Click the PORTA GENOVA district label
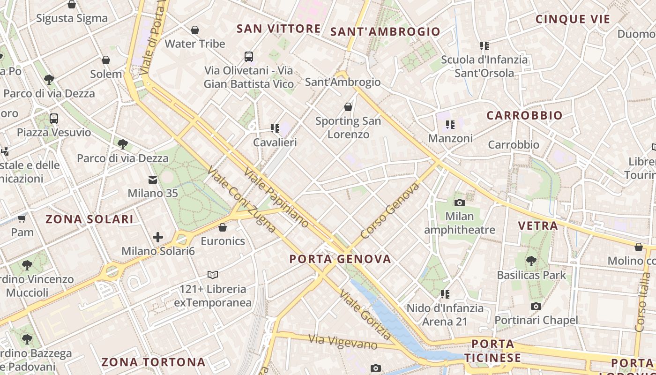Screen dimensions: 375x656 pos(340,259)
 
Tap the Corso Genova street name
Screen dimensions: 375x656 pos(390,211)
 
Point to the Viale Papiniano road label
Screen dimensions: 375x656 pos(276,197)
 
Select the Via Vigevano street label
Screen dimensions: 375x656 pos(343,341)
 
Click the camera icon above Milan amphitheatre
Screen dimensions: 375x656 pos(460,202)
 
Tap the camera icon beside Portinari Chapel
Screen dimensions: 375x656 pos(536,306)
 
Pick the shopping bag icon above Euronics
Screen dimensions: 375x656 pos(223,227)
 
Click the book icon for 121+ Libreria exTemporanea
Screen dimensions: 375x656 pos(213,275)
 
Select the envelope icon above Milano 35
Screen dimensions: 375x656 pos(153,180)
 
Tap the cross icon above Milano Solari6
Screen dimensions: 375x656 pos(158,237)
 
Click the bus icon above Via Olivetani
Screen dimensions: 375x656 pos(249,57)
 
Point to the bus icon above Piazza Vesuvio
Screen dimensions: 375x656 pos(54,118)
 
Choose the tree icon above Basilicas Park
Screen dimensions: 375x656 pos(531,261)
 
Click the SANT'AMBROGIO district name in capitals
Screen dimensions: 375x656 pos(385,32)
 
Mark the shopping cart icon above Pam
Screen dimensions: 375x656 pos(22,218)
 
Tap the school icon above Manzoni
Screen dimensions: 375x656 pos(450,124)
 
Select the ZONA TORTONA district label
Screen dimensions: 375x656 pos(153,362)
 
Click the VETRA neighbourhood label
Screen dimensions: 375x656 pos(537,225)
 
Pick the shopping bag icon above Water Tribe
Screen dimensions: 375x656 pos(195,30)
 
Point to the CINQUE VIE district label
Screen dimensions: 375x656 pos(573,19)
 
